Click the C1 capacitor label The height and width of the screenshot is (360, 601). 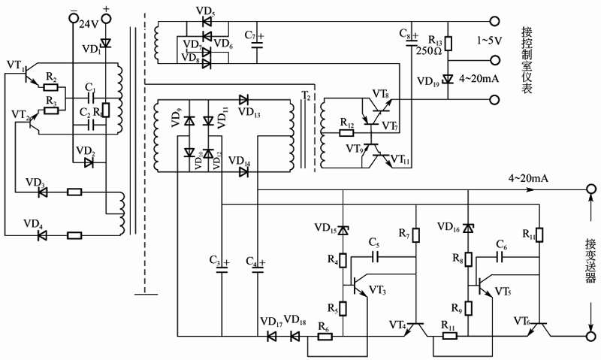89,87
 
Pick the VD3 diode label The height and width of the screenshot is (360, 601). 35,183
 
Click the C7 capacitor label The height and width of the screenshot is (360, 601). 251,35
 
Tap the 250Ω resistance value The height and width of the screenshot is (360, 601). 427,51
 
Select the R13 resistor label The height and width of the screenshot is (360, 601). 433,38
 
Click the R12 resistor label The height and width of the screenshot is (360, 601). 346,122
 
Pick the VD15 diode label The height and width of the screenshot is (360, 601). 324,227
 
